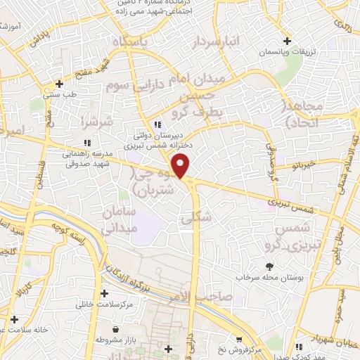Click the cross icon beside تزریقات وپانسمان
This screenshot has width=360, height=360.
(x=285, y=41)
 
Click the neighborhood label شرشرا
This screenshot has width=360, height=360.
(x=97, y=123)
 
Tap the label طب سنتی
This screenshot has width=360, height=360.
(x=60, y=94)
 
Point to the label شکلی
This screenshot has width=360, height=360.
(x=197, y=219)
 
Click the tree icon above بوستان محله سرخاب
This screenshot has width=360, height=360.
(x=269, y=266)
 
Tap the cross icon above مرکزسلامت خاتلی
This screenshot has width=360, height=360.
(x=105, y=293)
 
